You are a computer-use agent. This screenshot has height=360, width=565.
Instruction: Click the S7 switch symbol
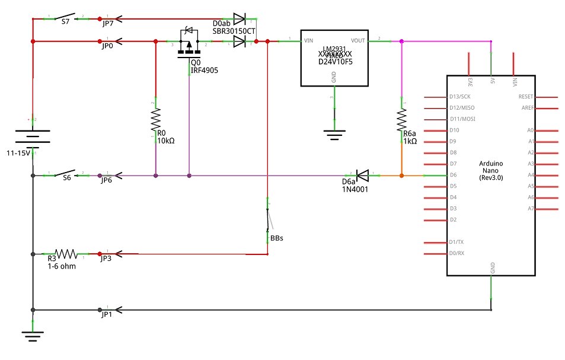coord(66,17)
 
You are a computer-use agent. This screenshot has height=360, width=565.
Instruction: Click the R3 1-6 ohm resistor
coord(66,254)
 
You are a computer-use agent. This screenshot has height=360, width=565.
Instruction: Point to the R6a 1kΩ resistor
coord(401,123)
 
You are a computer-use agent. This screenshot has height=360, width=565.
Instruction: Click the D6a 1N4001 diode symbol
coord(362,175)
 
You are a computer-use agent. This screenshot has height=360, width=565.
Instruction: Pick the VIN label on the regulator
coord(308,41)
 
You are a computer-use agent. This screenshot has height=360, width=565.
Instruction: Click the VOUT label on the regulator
coord(358,41)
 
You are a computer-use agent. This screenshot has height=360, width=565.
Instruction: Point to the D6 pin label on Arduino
coord(453,175)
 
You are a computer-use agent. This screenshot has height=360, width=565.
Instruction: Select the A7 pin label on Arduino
coord(531,208)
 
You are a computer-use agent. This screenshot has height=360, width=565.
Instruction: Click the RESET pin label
coord(525,97)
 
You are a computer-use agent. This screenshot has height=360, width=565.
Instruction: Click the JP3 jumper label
coord(106,259)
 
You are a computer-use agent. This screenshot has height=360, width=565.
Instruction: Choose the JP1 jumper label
coord(106,314)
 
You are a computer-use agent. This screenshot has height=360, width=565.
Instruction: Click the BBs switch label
coord(276,238)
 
